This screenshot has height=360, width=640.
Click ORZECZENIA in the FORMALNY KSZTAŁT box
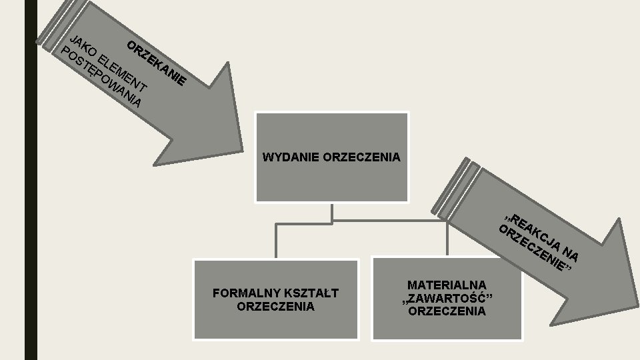click(x=275, y=307)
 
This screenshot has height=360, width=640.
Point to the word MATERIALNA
click(x=447, y=285)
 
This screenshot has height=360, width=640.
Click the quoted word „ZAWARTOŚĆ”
click(x=447, y=298)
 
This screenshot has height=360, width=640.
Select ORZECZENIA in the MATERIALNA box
click(x=447, y=311)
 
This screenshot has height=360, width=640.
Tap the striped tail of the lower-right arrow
click(x=457, y=190)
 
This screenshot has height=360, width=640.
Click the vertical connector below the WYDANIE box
click(x=331, y=211)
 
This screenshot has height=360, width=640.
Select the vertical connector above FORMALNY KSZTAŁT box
click(x=276, y=240)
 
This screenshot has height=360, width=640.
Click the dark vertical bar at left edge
click(x=31, y=180)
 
